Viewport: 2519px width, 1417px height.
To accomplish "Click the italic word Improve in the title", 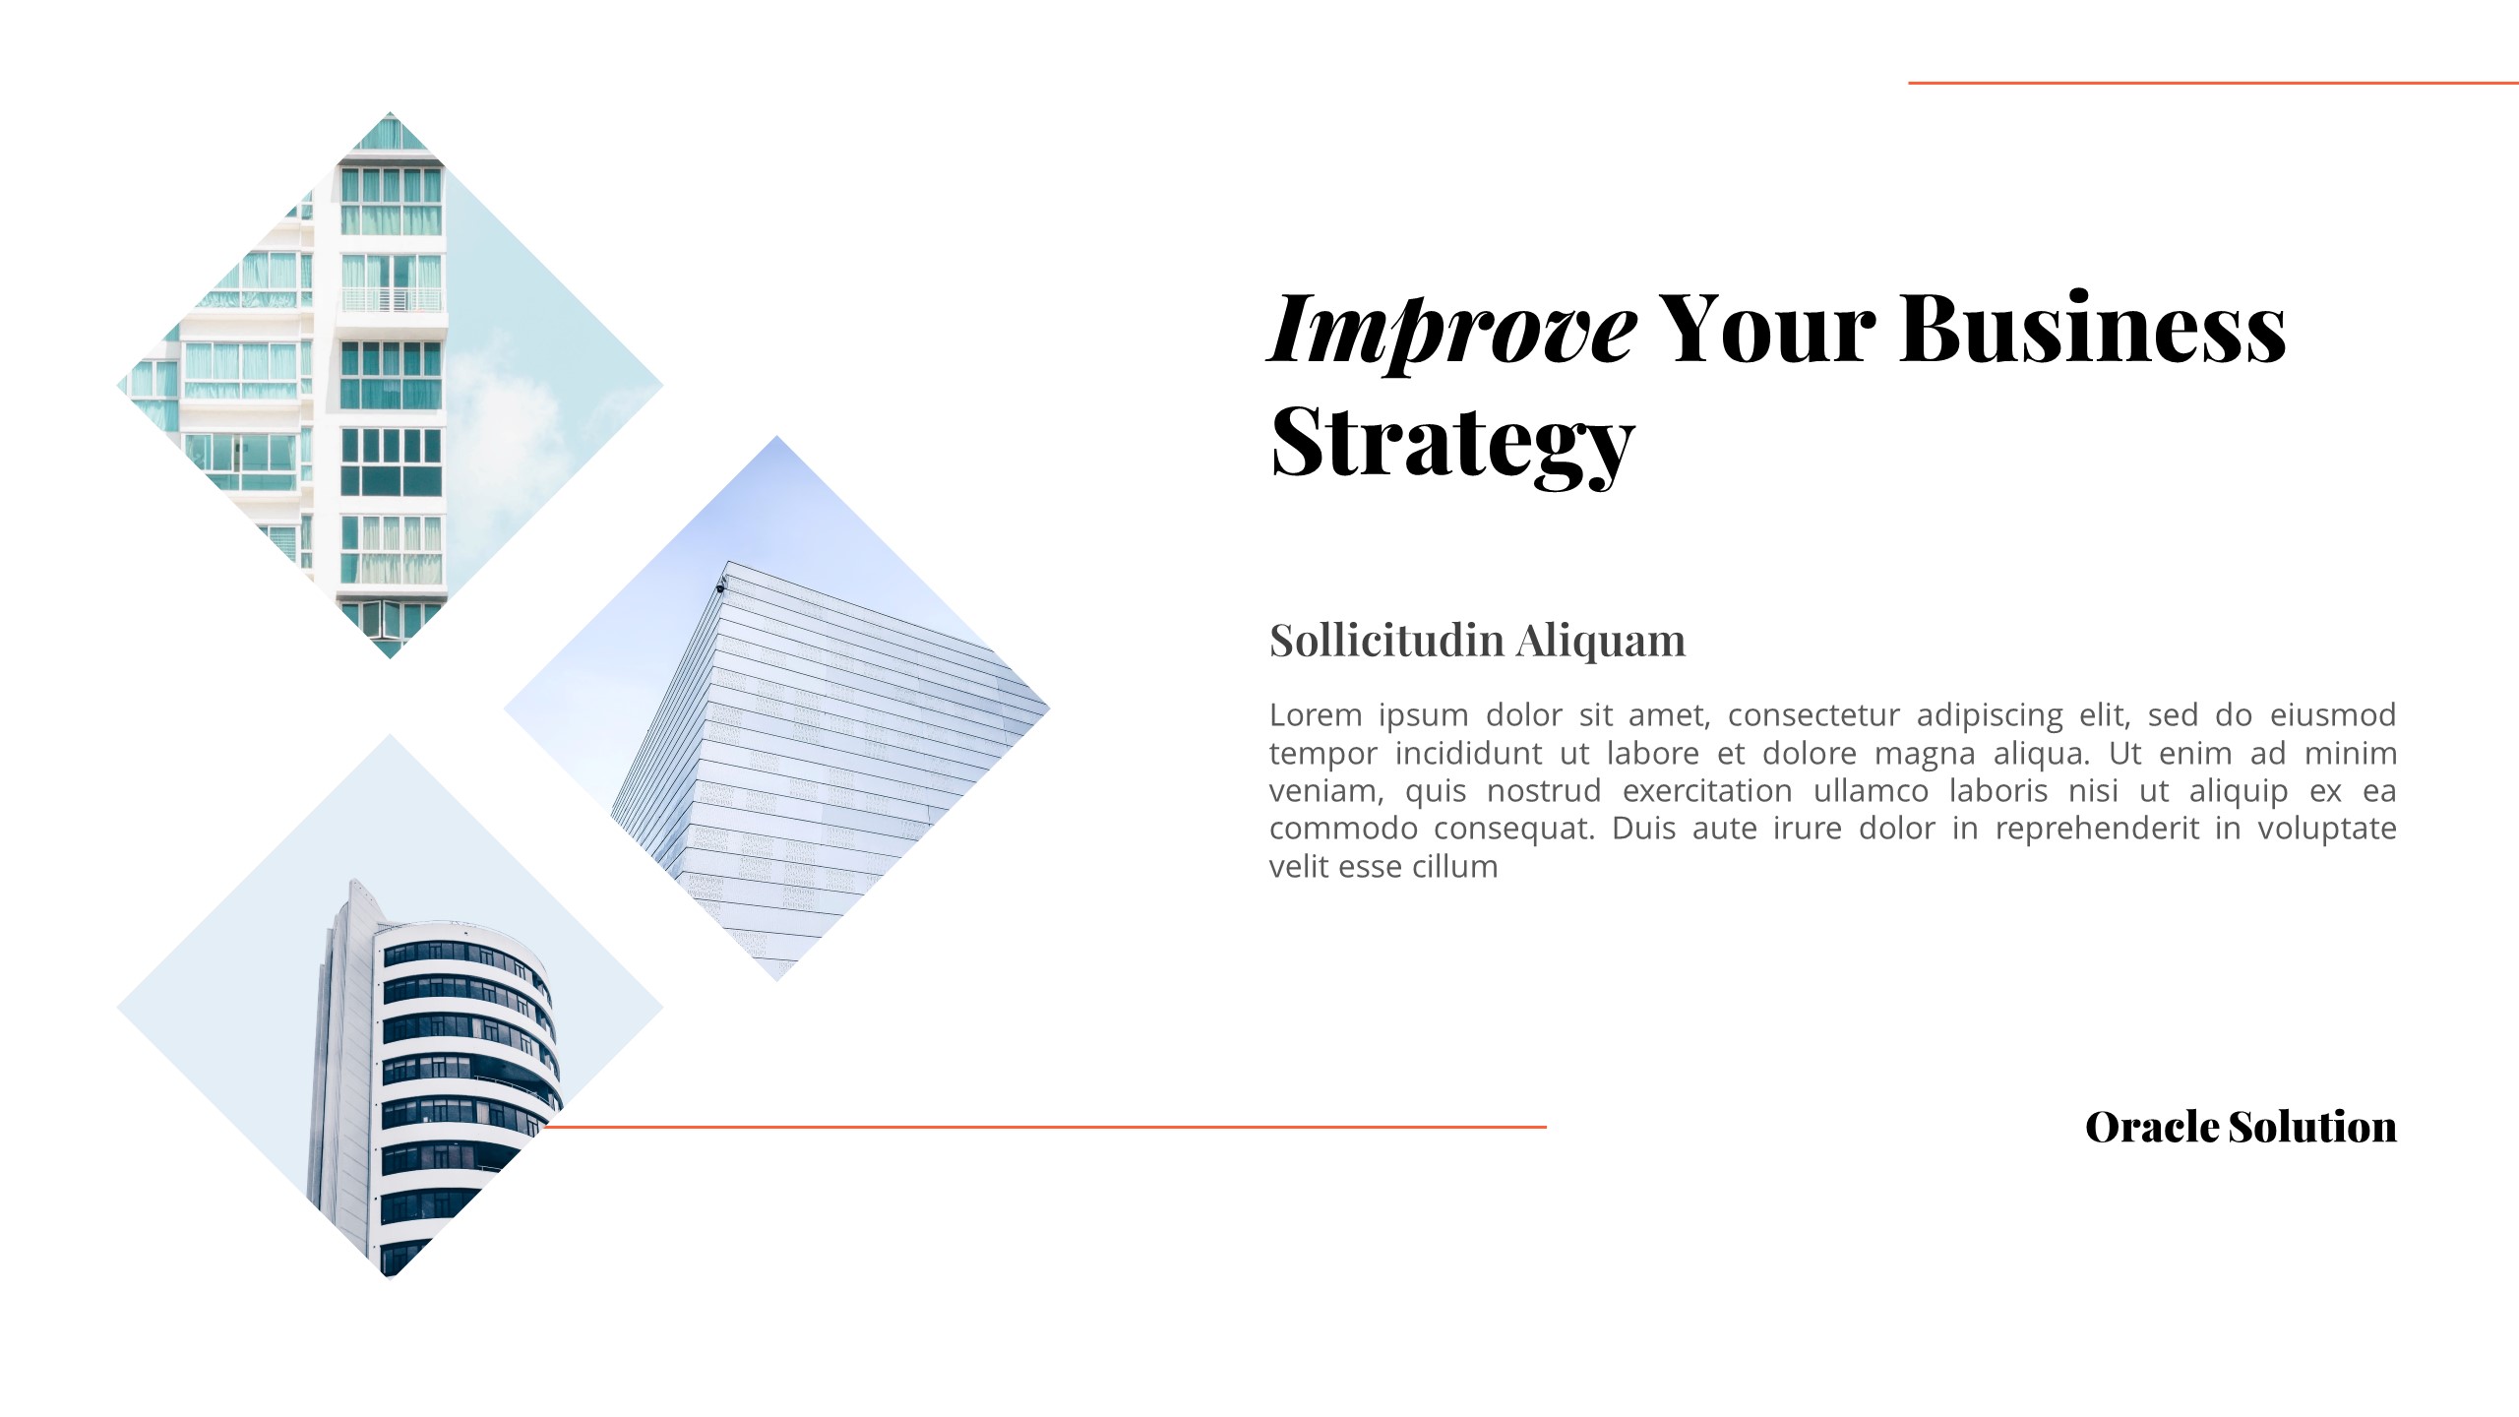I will pos(1452,330).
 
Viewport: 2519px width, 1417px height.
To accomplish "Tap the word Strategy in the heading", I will pos(1452,442).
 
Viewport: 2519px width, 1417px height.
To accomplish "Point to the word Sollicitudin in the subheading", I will pos(1386,641).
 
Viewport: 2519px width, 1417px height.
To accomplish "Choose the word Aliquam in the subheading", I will pos(1600,641).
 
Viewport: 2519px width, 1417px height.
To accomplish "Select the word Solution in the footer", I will pos(2312,1127).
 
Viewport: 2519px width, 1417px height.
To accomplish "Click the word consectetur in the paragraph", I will pos(1812,714).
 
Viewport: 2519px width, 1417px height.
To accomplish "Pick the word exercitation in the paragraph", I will pos(1707,790).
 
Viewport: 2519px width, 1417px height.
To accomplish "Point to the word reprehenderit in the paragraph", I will pos(2097,829).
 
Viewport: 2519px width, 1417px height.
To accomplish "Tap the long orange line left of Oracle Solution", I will pos(1043,1127).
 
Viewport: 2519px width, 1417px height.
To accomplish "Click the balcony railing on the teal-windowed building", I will pos(392,298).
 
